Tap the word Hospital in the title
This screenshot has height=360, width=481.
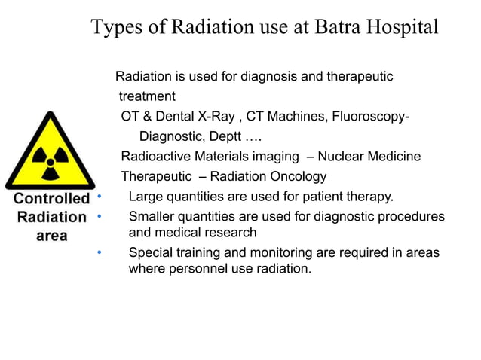coord(400,27)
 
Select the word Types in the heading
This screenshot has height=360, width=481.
coord(115,27)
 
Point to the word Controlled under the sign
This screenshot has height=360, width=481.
coord(52,200)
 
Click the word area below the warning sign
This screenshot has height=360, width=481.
coord(52,236)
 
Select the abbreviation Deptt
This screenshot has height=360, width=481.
coord(228,137)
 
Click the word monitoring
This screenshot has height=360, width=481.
coord(277,252)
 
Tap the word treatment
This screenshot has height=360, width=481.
coord(147,96)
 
